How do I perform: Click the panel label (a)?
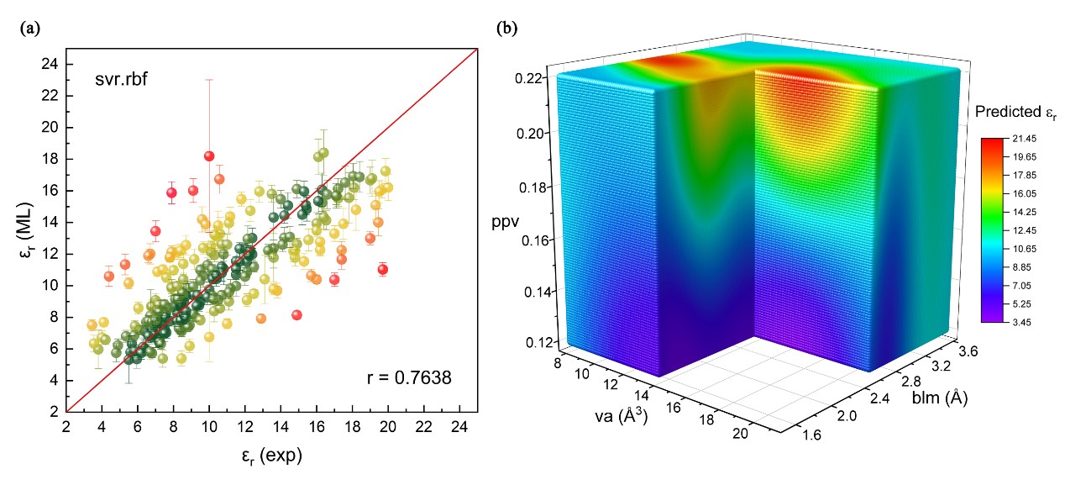click(28, 28)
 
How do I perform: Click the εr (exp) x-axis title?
click(270, 456)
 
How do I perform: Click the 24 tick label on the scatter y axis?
click(50, 65)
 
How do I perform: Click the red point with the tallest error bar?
click(209, 156)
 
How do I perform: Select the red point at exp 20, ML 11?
click(383, 269)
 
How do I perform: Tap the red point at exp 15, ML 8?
click(296, 314)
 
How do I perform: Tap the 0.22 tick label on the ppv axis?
click(535, 78)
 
